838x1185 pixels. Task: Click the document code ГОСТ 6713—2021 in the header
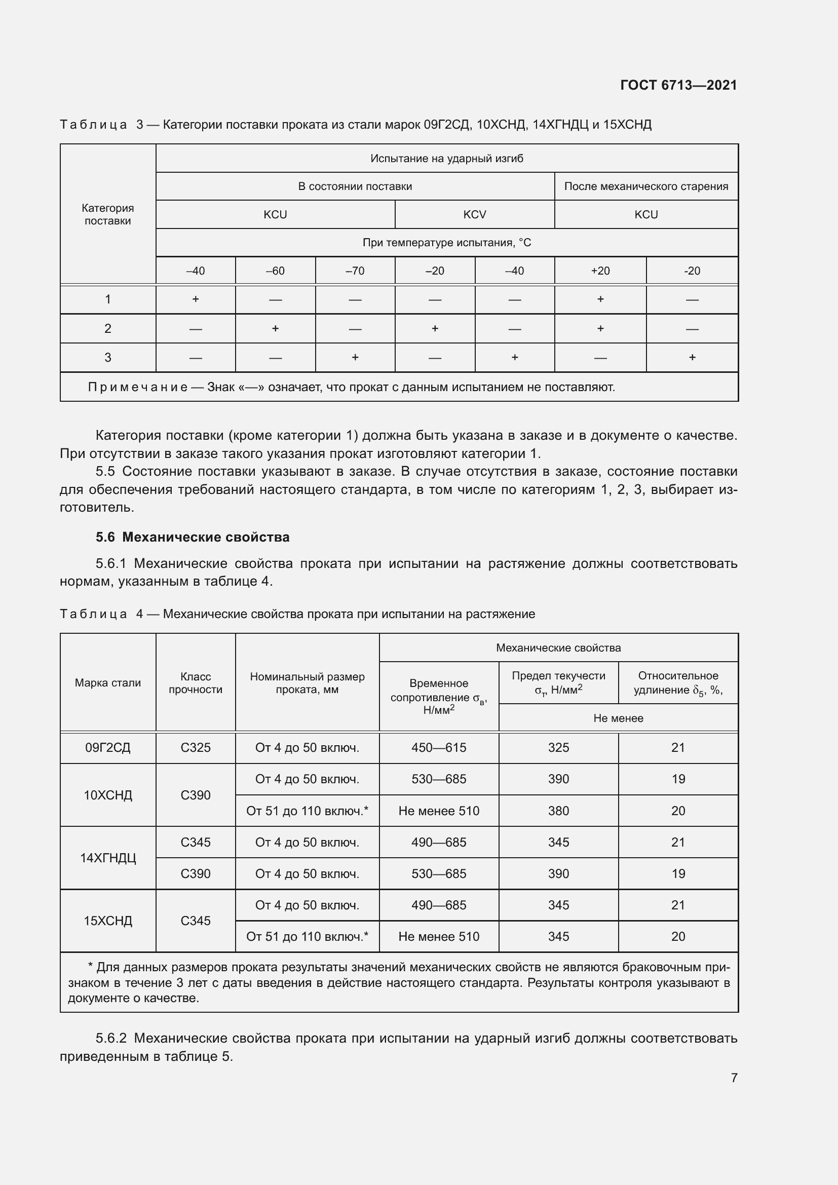click(678, 85)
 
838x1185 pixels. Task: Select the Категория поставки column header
click(108, 214)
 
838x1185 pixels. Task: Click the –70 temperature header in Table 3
click(355, 271)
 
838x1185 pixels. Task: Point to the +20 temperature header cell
click(600, 271)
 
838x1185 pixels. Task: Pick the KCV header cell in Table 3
click(474, 215)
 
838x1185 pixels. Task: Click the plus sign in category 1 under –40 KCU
click(196, 299)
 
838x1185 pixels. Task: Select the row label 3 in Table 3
click(108, 358)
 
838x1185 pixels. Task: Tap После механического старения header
click(646, 186)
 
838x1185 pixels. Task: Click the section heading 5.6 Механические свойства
click(193, 537)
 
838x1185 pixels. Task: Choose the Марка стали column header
click(108, 683)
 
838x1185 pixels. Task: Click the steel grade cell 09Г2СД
click(108, 747)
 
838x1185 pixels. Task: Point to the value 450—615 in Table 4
click(439, 747)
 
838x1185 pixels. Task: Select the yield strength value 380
click(558, 811)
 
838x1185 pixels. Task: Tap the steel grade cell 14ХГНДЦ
click(108, 858)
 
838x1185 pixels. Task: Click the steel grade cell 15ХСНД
click(108, 921)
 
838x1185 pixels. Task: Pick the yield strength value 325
click(558, 747)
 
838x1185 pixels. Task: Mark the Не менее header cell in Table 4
click(618, 718)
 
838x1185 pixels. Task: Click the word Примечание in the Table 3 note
click(137, 387)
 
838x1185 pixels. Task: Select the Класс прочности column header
click(196, 683)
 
